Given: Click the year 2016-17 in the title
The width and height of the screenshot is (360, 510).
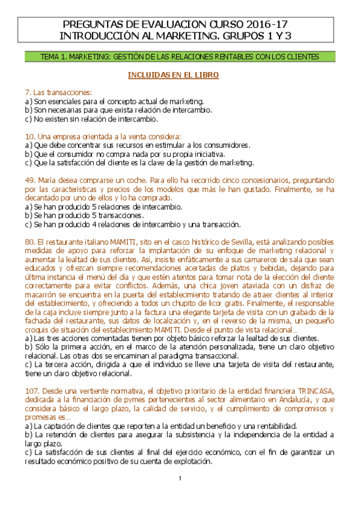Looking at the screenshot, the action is point(266,25).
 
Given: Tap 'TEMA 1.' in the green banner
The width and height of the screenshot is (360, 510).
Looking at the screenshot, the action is point(52,57).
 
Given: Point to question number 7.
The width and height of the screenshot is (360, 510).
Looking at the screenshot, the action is point(28,92).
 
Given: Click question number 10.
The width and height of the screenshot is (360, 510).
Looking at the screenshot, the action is point(29,136).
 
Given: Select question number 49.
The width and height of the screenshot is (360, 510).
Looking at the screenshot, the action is point(29,180).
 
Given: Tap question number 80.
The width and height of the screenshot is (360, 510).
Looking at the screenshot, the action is point(29,241).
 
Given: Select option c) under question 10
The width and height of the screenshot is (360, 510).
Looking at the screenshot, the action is point(28,162).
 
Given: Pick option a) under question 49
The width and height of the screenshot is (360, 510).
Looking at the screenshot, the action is point(28,206).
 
